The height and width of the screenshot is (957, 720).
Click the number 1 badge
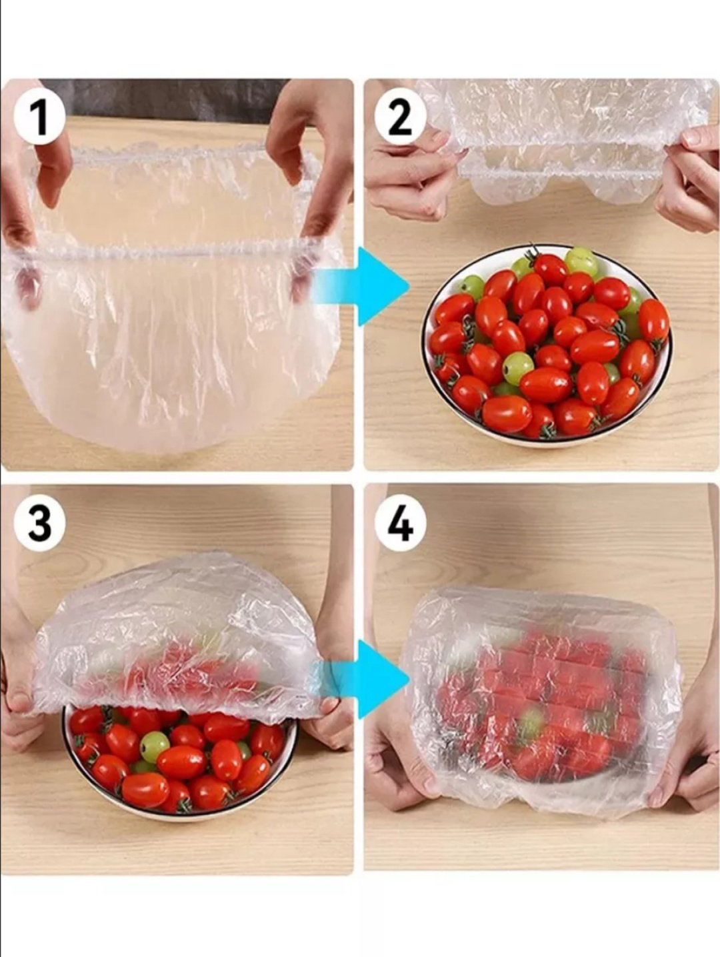pos(39,119)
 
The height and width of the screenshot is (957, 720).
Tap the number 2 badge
pos(400,119)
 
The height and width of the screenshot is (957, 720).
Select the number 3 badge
pos(39,524)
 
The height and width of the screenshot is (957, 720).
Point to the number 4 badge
pos(400,524)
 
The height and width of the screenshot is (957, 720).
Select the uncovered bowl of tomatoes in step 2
pos(547,344)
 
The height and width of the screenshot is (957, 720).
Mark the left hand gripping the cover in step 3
pos(19,698)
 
